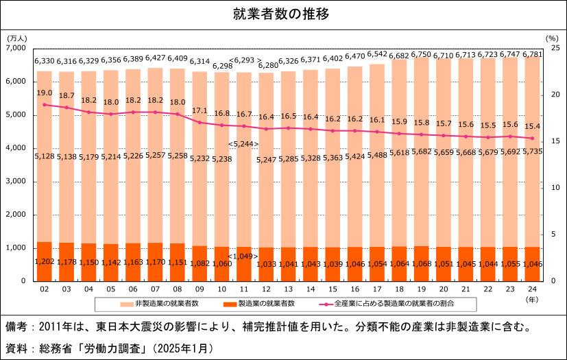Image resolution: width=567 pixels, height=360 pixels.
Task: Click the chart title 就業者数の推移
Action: (x=283, y=14)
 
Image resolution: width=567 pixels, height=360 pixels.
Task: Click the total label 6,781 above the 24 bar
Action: (x=534, y=55)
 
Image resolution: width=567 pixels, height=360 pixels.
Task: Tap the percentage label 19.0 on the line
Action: (x=44, y=93)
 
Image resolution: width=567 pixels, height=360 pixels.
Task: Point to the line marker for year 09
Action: (x=199, y=123)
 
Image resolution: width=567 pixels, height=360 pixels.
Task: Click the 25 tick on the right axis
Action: (x=555, y=49)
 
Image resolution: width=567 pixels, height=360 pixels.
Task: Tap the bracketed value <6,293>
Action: (x=245, y=60)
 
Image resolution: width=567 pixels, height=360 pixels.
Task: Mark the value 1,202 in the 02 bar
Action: (x=44, y=261)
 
